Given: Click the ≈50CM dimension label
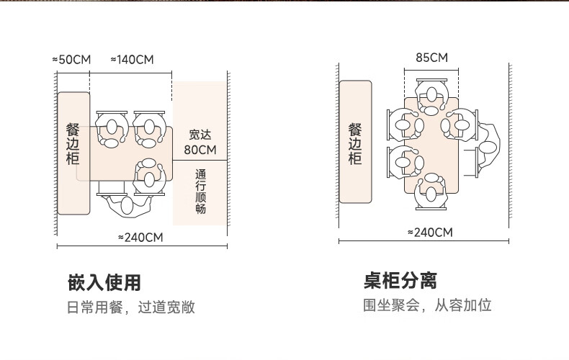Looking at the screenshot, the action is point(71,59).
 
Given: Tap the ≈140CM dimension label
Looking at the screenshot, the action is point(132,59).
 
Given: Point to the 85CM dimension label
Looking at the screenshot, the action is point(431,58).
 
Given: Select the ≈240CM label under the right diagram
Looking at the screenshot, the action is point(430,232).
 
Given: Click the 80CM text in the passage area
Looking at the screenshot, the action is point(200,150).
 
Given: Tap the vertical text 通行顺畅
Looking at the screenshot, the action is point(200,192).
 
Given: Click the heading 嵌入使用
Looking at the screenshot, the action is point(104,282).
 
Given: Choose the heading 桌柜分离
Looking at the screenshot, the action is point(400,280).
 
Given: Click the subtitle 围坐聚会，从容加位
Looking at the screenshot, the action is point(426,305).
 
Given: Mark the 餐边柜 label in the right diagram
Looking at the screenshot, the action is point(355,143).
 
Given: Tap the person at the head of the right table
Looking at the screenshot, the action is point(431,98).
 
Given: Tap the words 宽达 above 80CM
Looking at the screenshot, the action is point(200,134).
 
